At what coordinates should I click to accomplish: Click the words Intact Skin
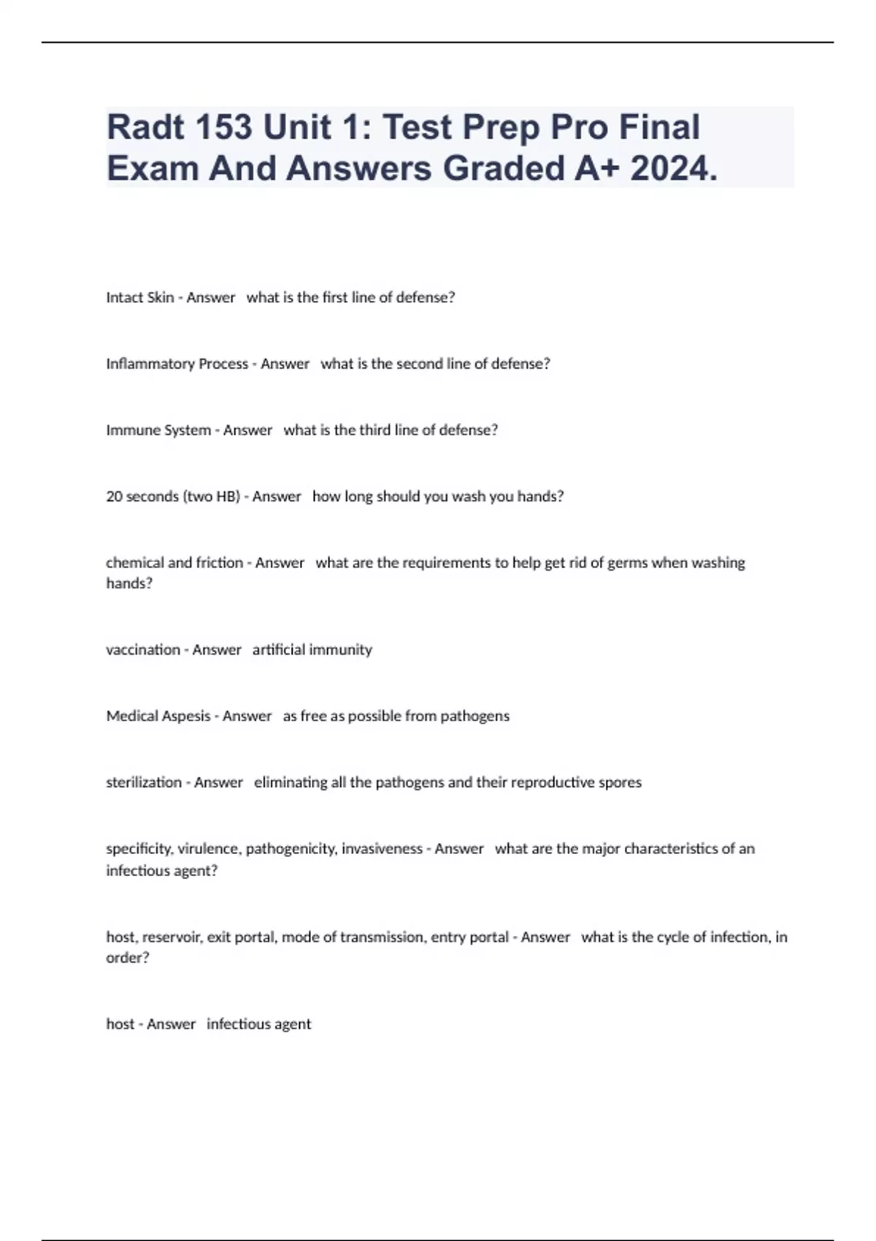click(x=140, y=297)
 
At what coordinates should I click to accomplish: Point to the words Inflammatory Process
click(x=177, y=364)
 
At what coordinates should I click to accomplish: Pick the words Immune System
click(x=158, y=430)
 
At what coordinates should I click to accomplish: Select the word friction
click(x=220, y=563)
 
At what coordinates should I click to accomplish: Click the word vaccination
click(x=143, y=650)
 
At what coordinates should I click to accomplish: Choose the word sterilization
click(x=144, y=783)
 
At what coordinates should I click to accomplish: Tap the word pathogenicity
click(x=290, y=849)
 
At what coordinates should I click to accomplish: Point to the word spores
click(x=620, y=783)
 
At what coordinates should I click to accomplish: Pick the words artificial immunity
click(x=312, y=650)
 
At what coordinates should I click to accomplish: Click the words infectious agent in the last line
click(x=259, y=1024)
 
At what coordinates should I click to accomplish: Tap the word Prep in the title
click(x=501, y=127)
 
